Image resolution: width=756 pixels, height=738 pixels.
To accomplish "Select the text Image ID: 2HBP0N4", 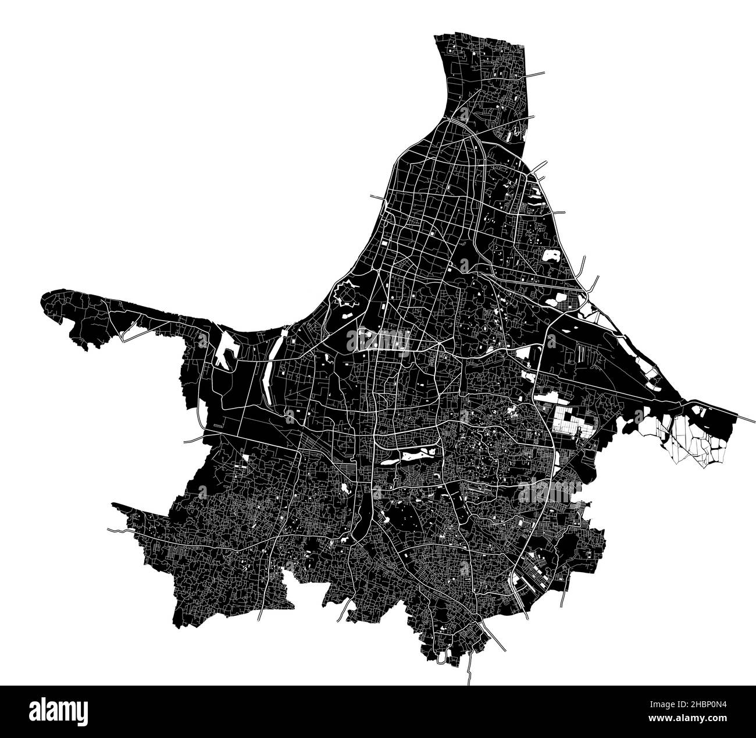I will [689, 705].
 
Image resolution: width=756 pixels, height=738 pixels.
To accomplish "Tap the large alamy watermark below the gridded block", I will [550, 493].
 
